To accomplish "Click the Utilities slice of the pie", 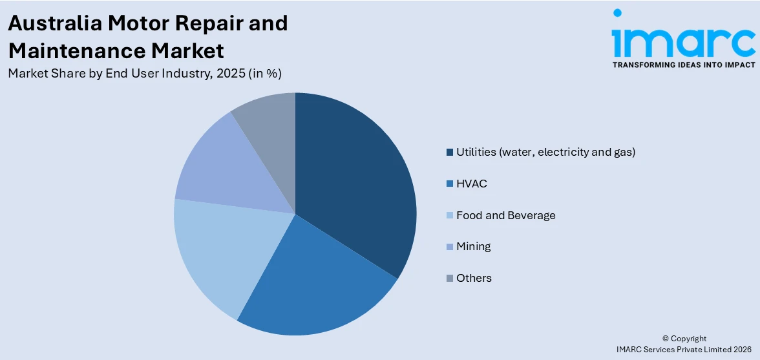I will point(355,187).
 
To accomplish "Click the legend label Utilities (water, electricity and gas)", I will point(545,153).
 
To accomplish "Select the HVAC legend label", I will point(471,184).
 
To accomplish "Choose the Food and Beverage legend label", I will point(505,215).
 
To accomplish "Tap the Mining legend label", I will point(473,246).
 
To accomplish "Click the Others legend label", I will point(474,278).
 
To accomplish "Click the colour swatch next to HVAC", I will point(449,184).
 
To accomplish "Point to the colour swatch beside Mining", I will point(449,247).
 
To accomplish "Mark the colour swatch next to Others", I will point(449,279).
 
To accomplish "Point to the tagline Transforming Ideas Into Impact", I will point(683,65).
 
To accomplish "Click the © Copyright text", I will point(684,339).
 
